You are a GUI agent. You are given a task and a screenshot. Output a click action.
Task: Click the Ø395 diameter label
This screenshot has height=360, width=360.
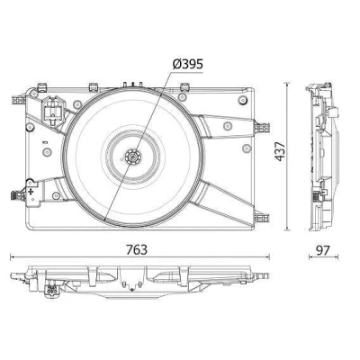188,64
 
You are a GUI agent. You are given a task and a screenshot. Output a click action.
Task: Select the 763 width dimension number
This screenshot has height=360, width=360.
137,249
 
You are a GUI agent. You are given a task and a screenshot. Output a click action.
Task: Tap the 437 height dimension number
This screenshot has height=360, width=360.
281,151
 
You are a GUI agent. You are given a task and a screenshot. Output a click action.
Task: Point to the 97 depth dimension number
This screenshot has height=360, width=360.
323,250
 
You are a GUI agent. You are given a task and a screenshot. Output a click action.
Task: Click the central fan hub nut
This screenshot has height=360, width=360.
133,157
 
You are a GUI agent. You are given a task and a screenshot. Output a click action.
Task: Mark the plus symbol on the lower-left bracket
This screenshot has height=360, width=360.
30,191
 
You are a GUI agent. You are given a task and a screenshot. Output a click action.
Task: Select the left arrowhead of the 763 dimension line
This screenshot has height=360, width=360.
12,256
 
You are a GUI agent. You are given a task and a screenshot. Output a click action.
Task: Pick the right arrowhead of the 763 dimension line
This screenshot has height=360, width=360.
267,256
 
